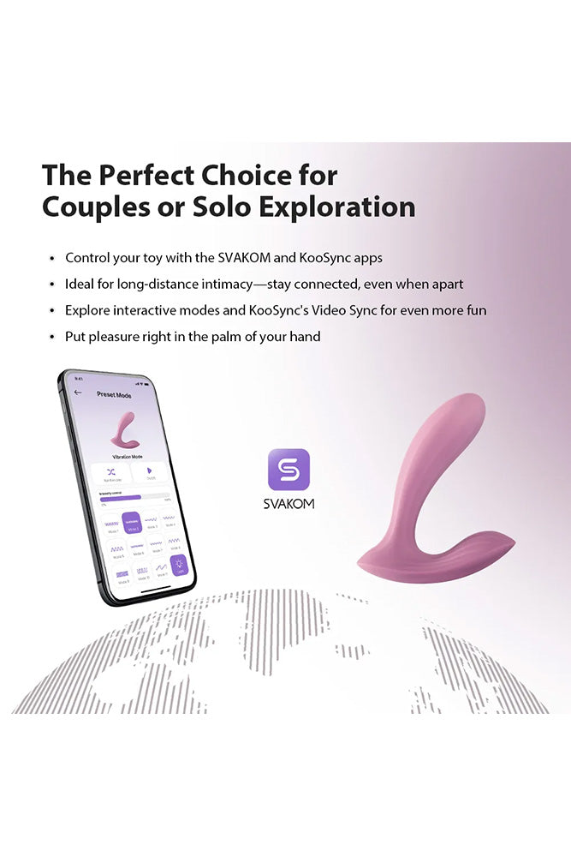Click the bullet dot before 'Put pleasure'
(53, 337)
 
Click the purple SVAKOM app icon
(288, 470)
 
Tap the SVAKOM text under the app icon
(288, 504)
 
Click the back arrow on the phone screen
(79, 393)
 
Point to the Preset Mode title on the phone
(115, 395)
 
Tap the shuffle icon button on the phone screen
(110, 471)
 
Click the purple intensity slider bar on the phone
(120, 497)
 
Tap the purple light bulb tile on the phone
(178, 566)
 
